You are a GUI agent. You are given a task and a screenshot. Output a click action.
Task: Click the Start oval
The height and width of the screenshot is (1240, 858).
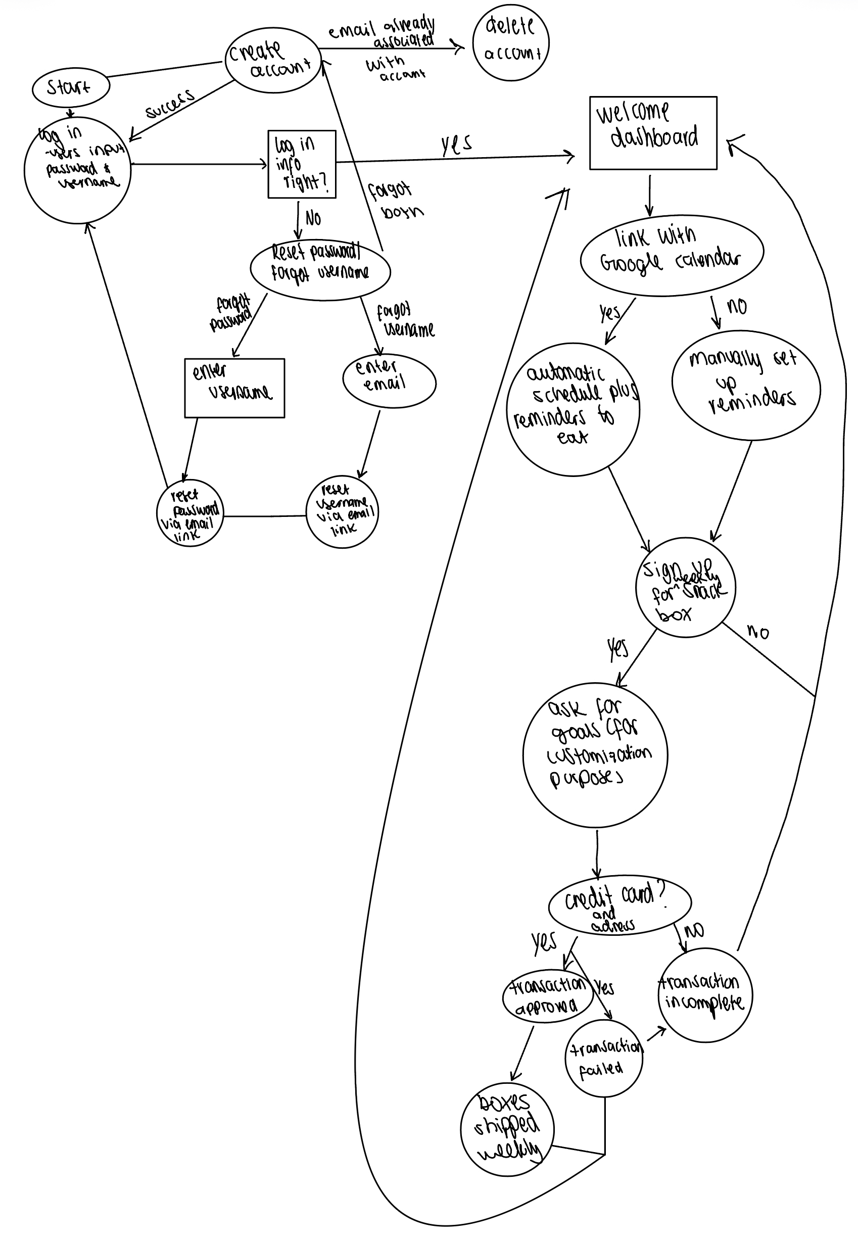point(70,87)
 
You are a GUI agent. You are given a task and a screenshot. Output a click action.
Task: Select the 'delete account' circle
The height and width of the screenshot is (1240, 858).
point(510,42)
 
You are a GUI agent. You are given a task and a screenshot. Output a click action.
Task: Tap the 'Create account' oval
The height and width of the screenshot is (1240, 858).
point(272,60)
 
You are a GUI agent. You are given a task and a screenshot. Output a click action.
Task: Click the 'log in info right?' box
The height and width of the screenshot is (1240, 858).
point(302,164)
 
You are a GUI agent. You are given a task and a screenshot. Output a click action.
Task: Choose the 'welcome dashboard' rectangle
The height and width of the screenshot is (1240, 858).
point(653,133)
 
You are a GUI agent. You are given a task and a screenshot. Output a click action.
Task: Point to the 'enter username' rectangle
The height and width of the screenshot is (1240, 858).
point(234,388)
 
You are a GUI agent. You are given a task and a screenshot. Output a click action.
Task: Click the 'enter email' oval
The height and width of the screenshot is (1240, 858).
point(389,381)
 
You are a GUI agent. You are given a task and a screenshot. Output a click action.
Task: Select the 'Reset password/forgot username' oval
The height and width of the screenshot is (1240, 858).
point(320,269)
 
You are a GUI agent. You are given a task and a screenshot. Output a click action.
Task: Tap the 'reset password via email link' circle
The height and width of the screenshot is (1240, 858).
point(189,513)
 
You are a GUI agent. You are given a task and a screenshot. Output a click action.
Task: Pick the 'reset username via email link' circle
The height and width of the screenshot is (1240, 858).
point(342,512)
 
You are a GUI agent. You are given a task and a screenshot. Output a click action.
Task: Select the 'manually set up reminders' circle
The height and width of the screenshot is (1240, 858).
point(746,386)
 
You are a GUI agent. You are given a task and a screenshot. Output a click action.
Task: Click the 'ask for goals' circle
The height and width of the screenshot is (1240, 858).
point(595,754)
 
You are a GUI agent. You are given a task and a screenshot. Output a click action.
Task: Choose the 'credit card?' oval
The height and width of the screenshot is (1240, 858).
point(619,905)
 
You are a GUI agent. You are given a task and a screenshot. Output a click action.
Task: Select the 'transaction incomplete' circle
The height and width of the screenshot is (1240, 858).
point(705,995)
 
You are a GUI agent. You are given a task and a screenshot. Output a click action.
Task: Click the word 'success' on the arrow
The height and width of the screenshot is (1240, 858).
point(170,104)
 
